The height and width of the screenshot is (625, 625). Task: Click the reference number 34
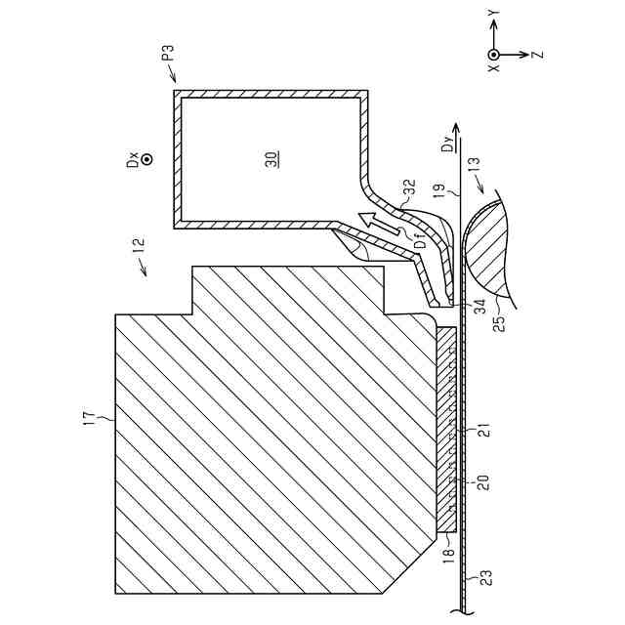coord(479,307)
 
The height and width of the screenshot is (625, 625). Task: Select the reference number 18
coord(449,558)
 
